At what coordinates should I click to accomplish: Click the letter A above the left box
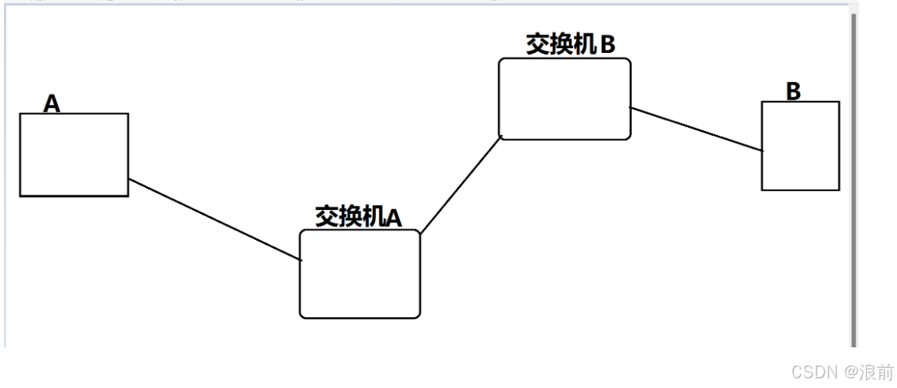52,103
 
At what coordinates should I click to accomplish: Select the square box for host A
74,155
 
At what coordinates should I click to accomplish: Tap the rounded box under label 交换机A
360,273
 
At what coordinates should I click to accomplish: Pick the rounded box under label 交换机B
565,98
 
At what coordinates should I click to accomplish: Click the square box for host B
800,146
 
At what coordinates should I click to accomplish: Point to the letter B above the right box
794,91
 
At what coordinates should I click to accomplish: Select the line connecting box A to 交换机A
215,220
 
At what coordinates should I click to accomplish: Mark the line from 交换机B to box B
697,129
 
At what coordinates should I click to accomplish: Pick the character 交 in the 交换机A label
326,216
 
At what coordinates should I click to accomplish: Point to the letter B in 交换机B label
607,45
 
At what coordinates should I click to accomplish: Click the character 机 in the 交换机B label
584,44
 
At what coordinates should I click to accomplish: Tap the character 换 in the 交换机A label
349,216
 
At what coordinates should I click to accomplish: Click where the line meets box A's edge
129,179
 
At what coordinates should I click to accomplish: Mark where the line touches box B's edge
762,150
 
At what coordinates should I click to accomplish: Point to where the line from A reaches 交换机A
301,260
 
